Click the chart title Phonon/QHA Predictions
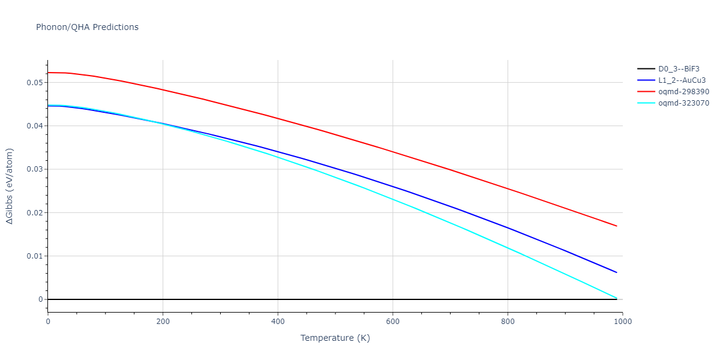pos(87,27)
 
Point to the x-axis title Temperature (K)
pos(335,338)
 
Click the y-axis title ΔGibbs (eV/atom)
pos(10,186)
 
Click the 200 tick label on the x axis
pos(163,322)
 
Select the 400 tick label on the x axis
pos(278,322)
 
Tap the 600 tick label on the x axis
pos(392,322)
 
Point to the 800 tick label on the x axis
pos(508,322)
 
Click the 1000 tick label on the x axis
pos(622,322)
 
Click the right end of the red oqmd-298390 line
pos(616,226)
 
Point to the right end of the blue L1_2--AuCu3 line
pos(616,272)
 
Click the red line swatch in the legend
pos(646,92)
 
